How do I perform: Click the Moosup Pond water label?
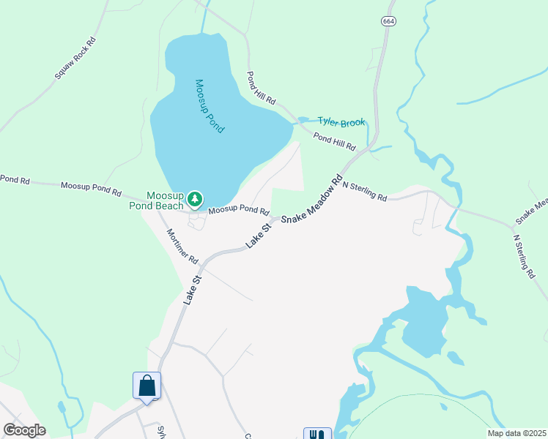(x=209, y=105)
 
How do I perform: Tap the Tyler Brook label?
(x=341, y=121)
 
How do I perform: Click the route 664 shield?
(x=388, y=20)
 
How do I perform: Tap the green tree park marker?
(x=195, y=198)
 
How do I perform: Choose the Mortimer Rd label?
(x=182, y=246)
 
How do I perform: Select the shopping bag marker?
(x=147, y=386)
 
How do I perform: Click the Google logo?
(x=24, y=430)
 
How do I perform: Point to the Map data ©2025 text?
(x=516, y=433)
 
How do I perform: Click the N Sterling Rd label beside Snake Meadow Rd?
(x=364, y=192)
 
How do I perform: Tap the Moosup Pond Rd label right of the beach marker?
(x=239, y=210)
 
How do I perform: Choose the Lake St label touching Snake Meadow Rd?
(x=259, y=236)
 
